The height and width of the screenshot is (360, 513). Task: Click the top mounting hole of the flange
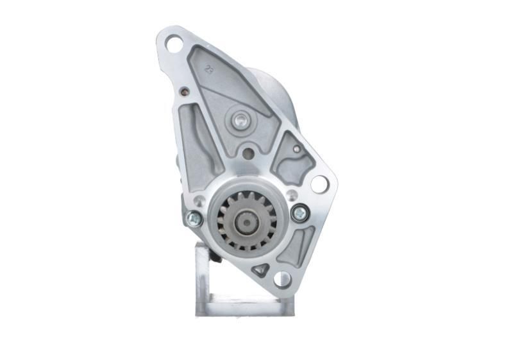[174, 44]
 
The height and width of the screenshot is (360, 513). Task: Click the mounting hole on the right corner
[319, 184]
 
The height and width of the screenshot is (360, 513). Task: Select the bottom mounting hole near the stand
[282, 279]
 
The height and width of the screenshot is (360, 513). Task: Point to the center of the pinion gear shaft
[247, 223]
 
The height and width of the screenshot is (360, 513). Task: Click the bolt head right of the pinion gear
[299, 212]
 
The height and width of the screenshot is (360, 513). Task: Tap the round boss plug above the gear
[240, 119]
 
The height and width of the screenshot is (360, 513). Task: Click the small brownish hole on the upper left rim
[184, 91]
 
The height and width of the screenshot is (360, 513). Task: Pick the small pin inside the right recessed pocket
[296, 149]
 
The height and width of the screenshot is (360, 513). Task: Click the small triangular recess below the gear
[260, 269]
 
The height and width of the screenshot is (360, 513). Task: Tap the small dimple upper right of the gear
[292, 194]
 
